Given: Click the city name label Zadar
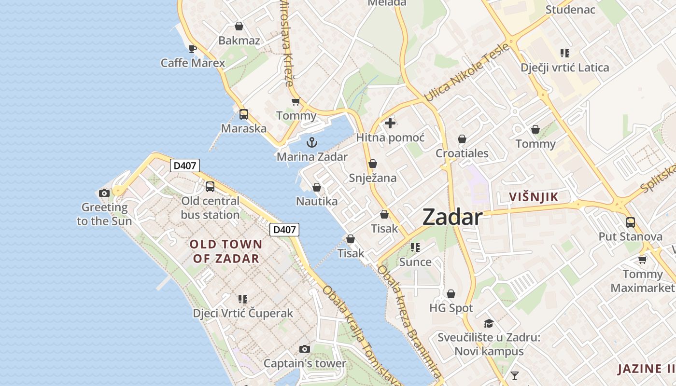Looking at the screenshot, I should [x=452, y=217].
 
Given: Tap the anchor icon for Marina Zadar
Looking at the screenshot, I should [x=312, y=142].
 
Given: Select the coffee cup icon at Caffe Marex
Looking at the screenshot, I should [x=193, y=48].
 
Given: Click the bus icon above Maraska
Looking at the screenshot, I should [x=244, y=114].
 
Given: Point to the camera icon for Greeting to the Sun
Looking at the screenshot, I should [x=104, y=193].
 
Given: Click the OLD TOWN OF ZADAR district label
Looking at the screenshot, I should [x=226, y=251].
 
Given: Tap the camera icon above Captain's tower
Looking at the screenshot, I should [x=304, y=349].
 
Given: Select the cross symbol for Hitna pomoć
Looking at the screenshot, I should [x=390, y=123].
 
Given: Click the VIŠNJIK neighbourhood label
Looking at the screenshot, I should [x=534, y=196].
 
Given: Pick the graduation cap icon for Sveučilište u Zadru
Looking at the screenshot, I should [x=489, y=323].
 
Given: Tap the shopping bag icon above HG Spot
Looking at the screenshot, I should [x=451, y=293].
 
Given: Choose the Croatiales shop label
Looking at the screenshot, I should [x=462, y=153].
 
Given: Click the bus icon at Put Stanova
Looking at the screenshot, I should [x=631, y=222].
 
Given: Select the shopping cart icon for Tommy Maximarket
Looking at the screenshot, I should [x=642, y=260].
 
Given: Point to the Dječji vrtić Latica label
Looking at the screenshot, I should [x=564, y=68].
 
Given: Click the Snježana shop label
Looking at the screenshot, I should [x=373, y=178].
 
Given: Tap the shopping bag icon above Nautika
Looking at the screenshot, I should [x=317, y=187].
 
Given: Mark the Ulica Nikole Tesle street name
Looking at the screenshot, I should [x=466, y=72].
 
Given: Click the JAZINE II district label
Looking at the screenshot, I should [x=646, y=369].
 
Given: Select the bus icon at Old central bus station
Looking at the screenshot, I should [x=210, y=186].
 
